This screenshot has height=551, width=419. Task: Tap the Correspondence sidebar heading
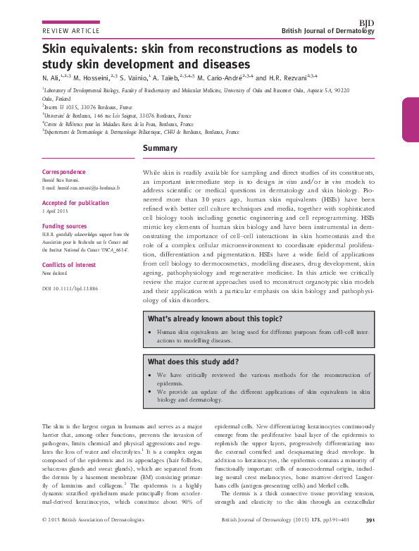(64, 173)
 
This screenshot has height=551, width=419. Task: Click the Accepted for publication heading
(75, 202)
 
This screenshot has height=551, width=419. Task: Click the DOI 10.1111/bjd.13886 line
(70, 289)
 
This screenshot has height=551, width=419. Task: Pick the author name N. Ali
(51, 78)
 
